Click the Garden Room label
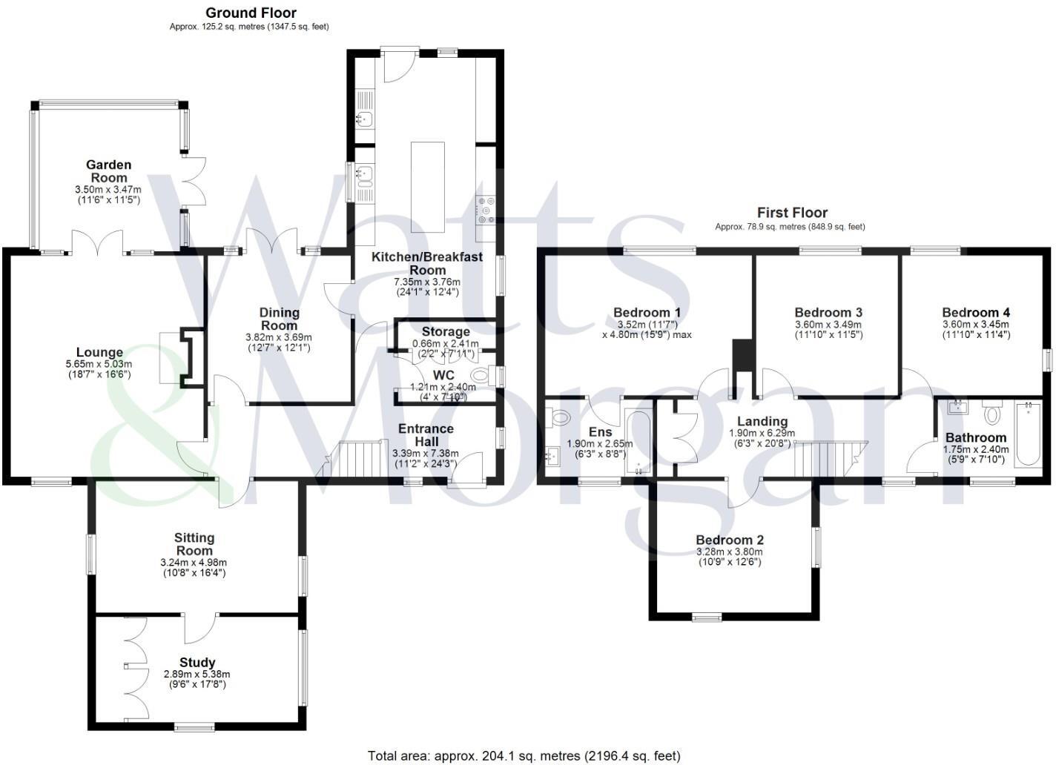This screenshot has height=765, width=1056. pyautogui.click(x=108, y=171)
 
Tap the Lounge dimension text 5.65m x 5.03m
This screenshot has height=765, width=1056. pyautogui.click(x=99, y=364)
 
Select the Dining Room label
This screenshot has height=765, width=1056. pyautogui.click(x=280, y=319)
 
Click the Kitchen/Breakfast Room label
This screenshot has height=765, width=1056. pyautogui.click(x=426, y=263)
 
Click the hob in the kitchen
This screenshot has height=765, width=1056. pyautogui.click(x=487, y=210)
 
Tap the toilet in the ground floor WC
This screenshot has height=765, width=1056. pyautogui.click(x=481, y=377)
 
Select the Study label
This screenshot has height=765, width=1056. pyautogui.click(x=197, y=662)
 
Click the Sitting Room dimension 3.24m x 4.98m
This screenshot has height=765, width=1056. pyautogui.click(x=194, y=563)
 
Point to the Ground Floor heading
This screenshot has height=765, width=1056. pyautogui.click(x=251, y=13)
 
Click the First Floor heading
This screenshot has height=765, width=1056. pyautogui.click(x=792, y=213)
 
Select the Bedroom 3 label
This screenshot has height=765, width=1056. pyautogui.click(x=828, y=313)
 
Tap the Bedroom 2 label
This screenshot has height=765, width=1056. pyautogui.click(x=730, y=540)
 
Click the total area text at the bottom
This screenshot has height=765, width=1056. pyautogui.click(x=524, y=756)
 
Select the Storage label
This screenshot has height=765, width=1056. pyautogui.click(x=446, y=331)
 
